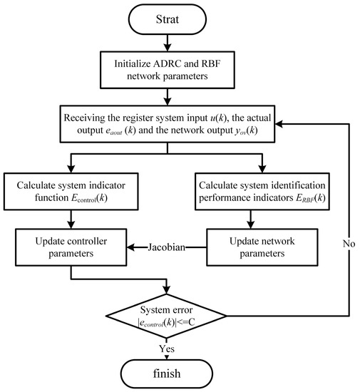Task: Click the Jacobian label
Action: pos(168,248)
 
